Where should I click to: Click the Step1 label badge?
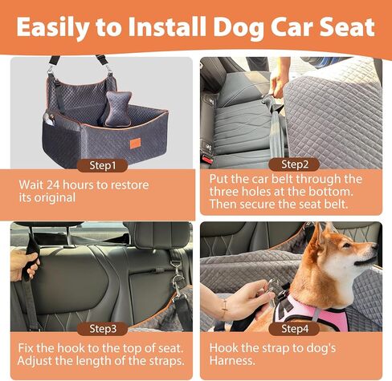[102, 165]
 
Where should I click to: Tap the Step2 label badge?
[295, 164]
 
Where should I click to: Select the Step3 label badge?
[103, 329]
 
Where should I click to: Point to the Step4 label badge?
[295, 329]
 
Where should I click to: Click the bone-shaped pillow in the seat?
[117, 108]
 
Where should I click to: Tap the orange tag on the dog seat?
[136, 143]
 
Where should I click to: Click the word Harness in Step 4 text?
[232, 360]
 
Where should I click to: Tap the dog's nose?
[374, 246]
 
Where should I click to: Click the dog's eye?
[346, 245]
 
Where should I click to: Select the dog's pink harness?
[311, 311]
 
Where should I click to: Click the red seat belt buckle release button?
[207, 160]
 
